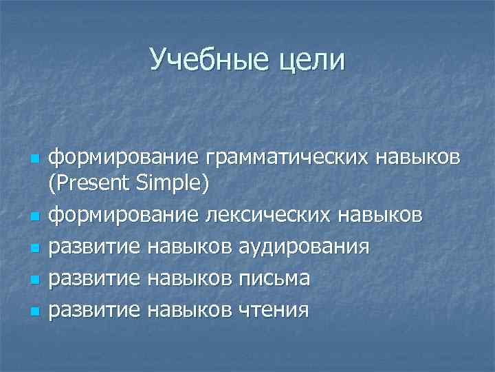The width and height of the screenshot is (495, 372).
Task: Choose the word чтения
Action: pyautogui.click(x=274, y=309)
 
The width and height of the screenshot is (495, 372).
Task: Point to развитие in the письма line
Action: pyautogui.click(x=95, y=278)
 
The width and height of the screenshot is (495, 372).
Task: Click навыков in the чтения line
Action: pyautogui.click(x=190, y=309)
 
